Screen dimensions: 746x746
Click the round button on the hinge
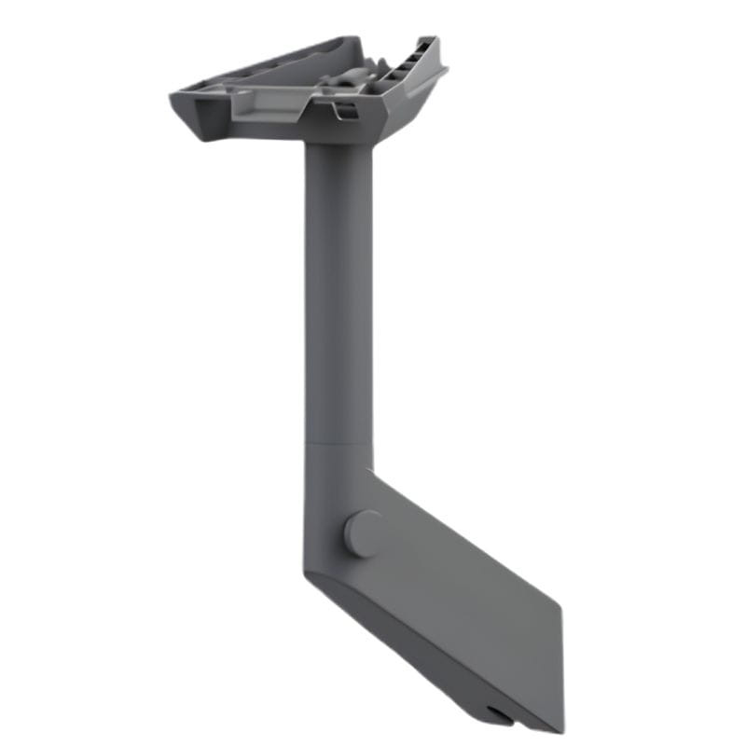click(x=363, y=533)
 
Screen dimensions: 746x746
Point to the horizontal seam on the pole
click(x=338, y=443)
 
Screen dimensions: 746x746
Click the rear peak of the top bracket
click(x=356, y=39)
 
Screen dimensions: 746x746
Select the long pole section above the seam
click(x=338, y=298)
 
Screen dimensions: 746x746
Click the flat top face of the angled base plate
click(x=466, y=597)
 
